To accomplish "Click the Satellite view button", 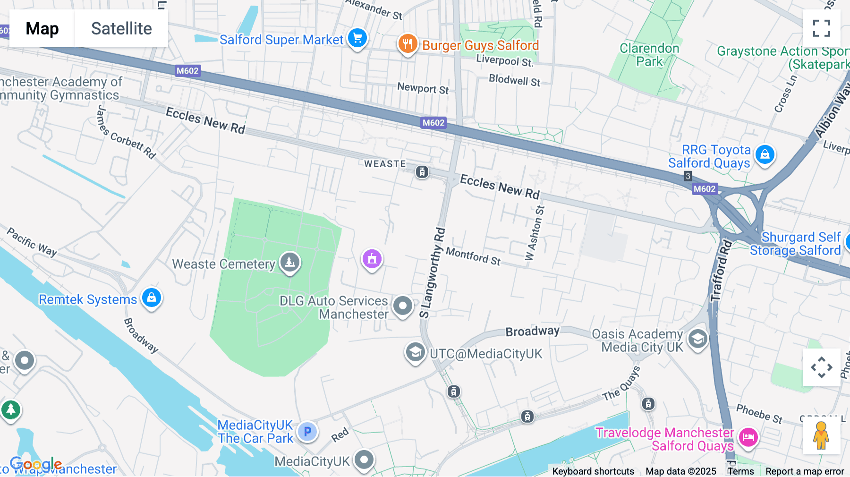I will (121, 29).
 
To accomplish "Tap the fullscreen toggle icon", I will (821, 28).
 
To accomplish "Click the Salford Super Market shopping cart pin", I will (357, 38).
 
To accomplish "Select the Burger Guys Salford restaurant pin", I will (407, 44).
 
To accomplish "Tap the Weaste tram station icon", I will (422, 172).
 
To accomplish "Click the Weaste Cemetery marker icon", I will (289, 262).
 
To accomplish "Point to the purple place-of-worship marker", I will (372, 259).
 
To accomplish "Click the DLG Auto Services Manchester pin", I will (403, 306).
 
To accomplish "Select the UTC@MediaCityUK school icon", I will (415, 352).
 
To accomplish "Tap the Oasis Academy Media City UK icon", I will (697, 339).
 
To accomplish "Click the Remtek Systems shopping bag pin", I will (152, 298).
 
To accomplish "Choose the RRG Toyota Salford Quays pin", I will (765, 155).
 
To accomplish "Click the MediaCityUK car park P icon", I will (307, 432).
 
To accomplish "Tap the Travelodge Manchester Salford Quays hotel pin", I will (748, 437).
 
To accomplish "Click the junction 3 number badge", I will (688, 176).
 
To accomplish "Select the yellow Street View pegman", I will (821, 435).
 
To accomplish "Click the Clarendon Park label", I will (649, 55).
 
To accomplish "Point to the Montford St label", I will (473, 256).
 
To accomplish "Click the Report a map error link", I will (805, 471).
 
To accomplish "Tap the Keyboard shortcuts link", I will (593, 471).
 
